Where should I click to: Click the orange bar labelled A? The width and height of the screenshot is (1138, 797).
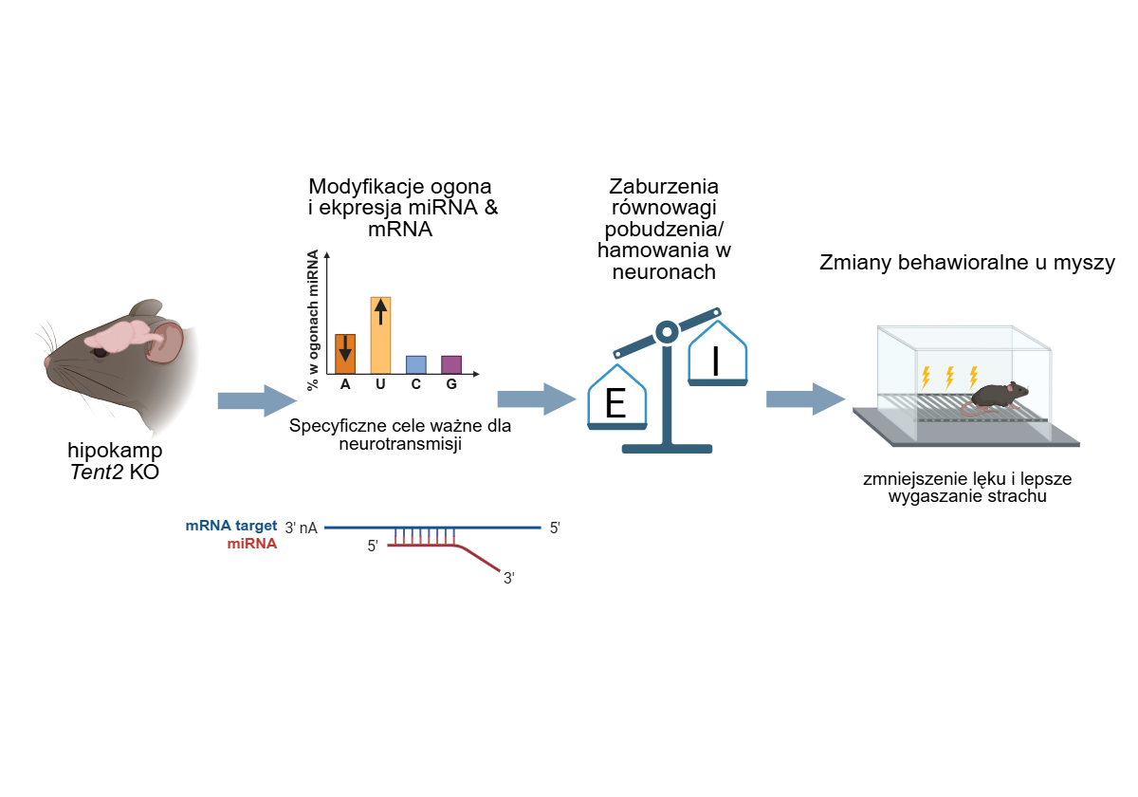click(x=345, y=354)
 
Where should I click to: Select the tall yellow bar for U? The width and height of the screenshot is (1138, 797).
click(x=380, y=336)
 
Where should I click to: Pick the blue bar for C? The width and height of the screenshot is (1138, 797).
click(x=416, y=365)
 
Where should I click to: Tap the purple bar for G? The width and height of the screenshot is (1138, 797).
click(x=451, y=365)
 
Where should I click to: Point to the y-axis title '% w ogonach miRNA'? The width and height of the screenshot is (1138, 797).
click(x=313, y=321)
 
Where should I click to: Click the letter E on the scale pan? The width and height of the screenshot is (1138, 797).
click(x=615, y=403)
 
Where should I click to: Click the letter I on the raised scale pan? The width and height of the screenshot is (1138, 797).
click(x=716, y=361)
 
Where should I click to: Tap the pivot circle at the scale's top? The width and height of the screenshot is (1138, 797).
click(x=667, y=332)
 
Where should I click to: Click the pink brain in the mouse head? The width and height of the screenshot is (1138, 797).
click(x=125, y=336)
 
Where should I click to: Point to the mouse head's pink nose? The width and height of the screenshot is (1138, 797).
click(x=47, y=361)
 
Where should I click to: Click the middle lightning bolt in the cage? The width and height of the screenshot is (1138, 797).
click(x=949, y=378)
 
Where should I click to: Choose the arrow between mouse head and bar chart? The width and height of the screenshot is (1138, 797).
click(x=257, y=401)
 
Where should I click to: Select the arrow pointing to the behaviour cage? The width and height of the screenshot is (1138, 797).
click(x=806, y=399)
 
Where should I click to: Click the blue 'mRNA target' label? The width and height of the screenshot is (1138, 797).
click(x=231, y=526)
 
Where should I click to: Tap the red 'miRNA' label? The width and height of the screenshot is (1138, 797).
click(x=252, y=544)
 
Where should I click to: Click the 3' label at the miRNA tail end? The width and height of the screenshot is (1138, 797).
click(x=509, y=579)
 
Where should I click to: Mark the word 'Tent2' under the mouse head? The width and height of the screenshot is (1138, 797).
click(x=97, y=473)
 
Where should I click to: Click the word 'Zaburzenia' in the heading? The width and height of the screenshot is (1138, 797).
click(x=664, y=187)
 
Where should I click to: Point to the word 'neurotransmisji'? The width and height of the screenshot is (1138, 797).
click(x=400, y=444)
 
